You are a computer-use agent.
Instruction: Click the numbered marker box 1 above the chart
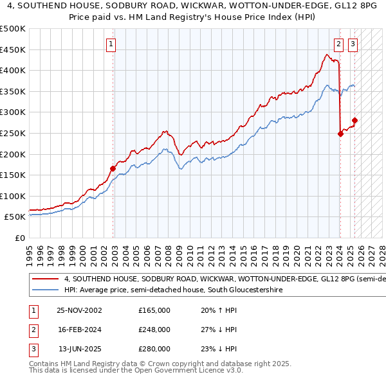pyautogui.click(x=111, y=44)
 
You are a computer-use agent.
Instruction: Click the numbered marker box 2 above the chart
pyautogui.click(x=338, y=44)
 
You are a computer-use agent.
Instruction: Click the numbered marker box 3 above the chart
pyautogui.click(x=353, y=44)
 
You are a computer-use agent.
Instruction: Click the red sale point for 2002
pyautogui.click(x=113, y=169)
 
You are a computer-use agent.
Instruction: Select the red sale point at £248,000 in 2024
pyautogui.click(x=340, y=134)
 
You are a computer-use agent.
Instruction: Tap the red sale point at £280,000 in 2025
pyautogui.click(x=354, y=121)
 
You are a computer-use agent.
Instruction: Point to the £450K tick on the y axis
pyautogui.click(x=15, y=49)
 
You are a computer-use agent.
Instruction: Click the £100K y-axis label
pyautogui.click(x=15, y=196)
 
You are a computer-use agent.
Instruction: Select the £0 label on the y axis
pyautogui.click(x=20, y=238)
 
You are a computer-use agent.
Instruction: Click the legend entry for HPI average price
pyautogui.click(x=174, y=290)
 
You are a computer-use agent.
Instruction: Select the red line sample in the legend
pyautogui.click(x=45, y=279)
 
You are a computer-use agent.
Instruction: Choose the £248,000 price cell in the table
pyautogui.click(x=154, y=330)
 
